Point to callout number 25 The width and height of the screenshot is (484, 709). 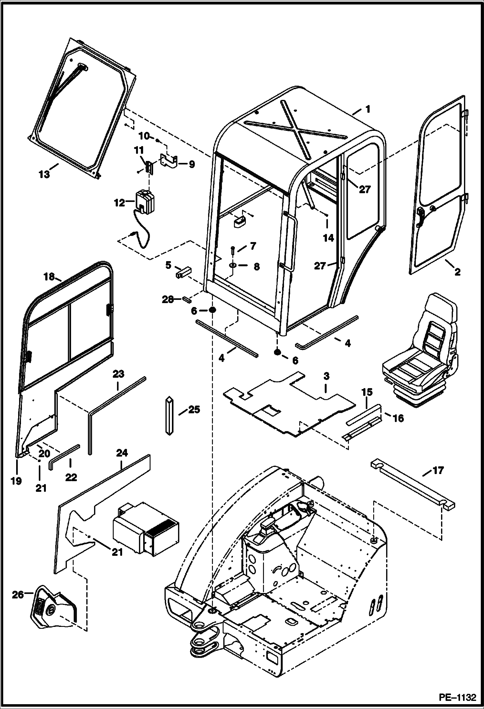tap(194, 410)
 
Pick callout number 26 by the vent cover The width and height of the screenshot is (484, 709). tap(18, 594)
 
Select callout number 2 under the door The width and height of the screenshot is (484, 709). tap(457, 272)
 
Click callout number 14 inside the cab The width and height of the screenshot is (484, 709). tap(328, 238)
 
